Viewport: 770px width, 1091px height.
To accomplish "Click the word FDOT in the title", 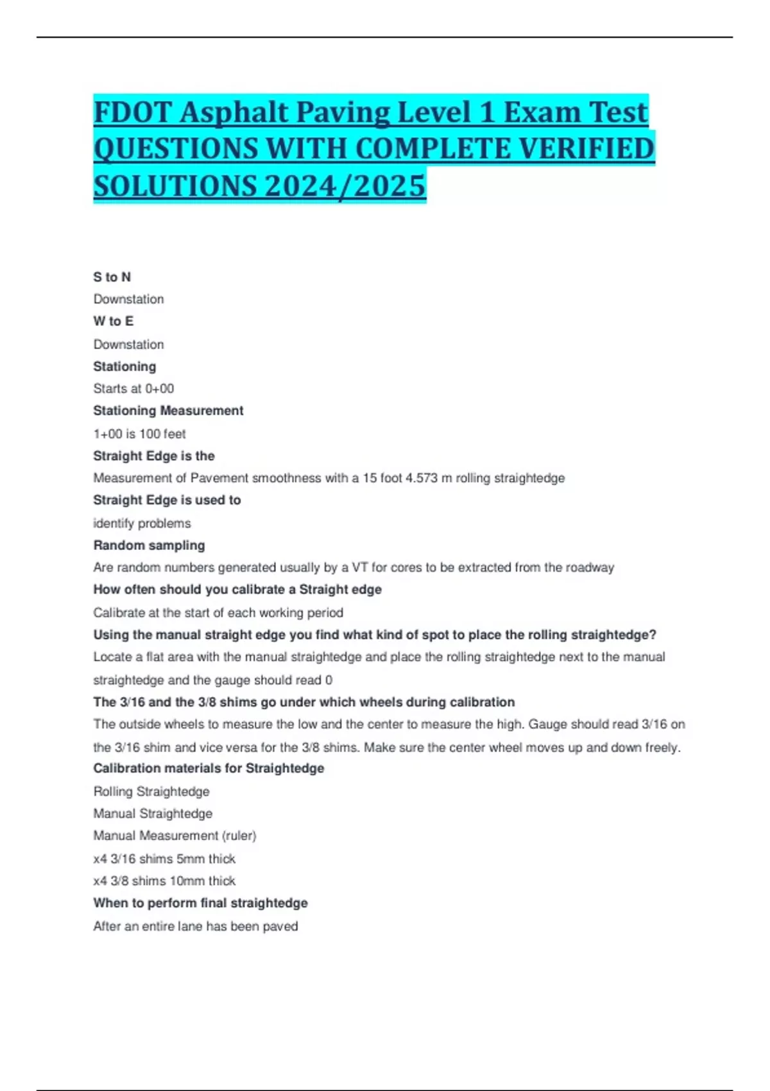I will point(132,112).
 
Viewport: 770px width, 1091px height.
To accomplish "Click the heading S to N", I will point(112,277).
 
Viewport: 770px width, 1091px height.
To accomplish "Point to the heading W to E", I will point(113,321).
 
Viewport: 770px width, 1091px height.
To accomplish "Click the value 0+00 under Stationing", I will point(159,389).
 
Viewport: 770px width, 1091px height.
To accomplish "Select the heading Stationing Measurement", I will point(168,411).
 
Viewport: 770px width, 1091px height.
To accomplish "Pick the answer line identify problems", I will point(142,523).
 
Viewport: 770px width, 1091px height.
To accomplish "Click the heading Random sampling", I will point(149,545).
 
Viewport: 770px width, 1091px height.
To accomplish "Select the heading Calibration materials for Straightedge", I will point(209,768).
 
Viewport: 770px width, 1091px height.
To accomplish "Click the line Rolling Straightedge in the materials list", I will point(151,791).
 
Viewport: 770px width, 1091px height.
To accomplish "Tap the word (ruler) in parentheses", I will point(239,836).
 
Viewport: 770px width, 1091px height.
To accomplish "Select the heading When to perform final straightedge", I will point(200,903).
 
